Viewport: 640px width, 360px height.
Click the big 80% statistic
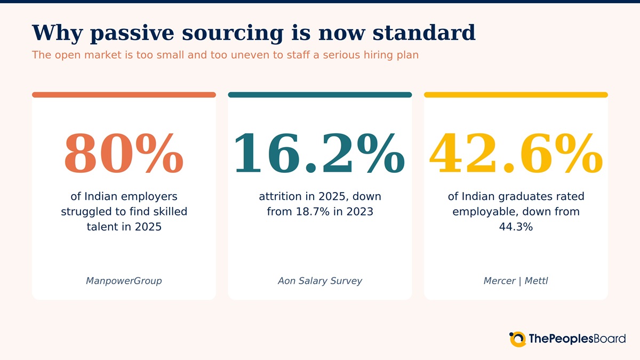click(x=124, y=154)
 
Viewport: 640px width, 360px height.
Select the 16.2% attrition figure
click(x=319, y=154)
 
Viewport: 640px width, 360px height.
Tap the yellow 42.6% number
click(x=516, y=154)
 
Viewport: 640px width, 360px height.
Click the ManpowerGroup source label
click(x=124, y=281)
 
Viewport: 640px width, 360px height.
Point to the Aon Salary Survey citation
click(x=319, y=281)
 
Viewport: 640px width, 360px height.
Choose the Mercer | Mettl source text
click(x=516, y=281)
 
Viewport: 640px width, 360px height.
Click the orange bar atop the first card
click(x=124, y=94)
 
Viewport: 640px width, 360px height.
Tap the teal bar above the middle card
click(x=319, y=94)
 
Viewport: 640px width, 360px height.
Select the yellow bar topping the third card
click(x=516, y=94)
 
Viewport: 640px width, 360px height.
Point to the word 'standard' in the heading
click(x=424, y=33)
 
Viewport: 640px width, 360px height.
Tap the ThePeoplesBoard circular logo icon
click(x=517, y=339)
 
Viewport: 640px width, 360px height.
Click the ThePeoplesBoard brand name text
click(x=577, y=339)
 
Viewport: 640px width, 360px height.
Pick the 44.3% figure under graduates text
click(x=516, y=227)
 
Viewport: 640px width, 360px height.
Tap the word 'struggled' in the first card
click(x=86, y=212)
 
